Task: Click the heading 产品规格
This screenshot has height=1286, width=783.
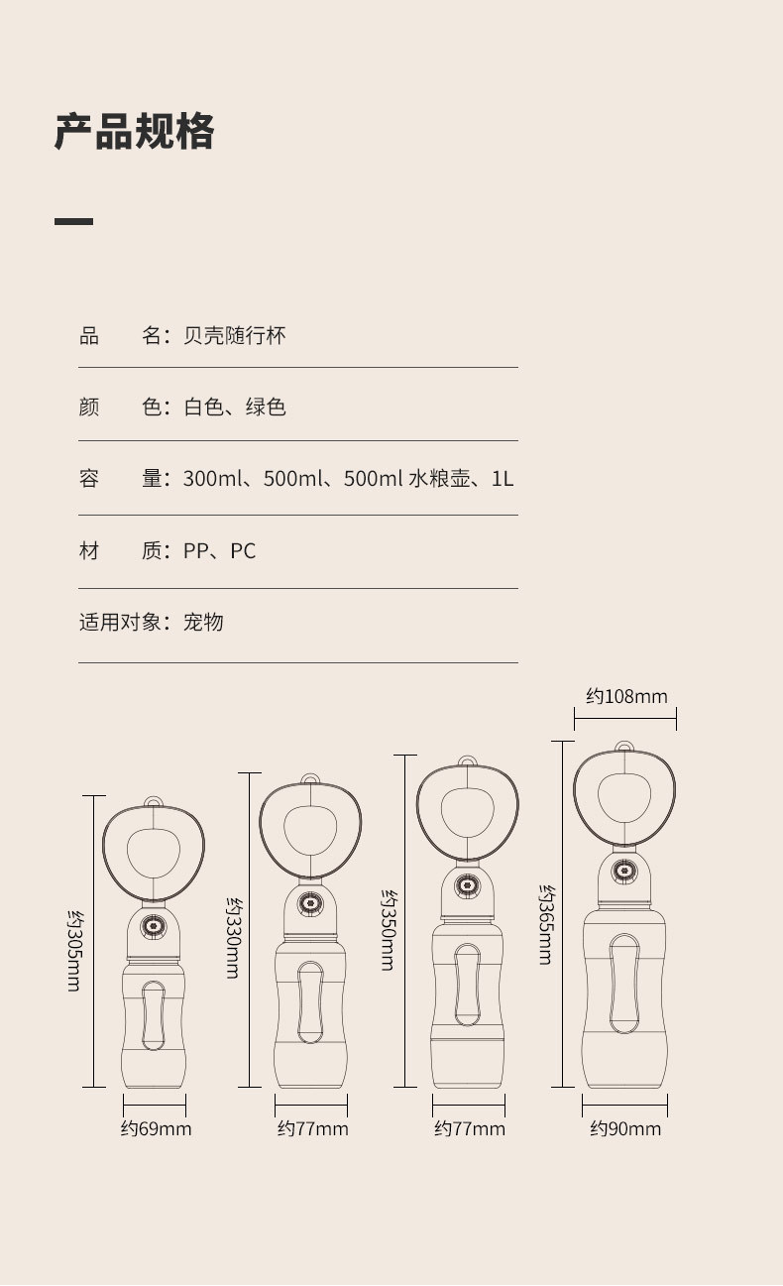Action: tap(134, 132)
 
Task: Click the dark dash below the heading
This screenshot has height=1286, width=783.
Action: tap(73, 221)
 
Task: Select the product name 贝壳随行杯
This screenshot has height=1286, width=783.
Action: tap(235, 336)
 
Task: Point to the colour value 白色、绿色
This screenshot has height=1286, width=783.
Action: tap(235, 408)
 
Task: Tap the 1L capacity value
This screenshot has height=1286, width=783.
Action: tap(503, 479)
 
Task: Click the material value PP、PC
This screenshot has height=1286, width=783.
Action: tap(219, 551)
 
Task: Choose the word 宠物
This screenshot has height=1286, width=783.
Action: tap(203, 623)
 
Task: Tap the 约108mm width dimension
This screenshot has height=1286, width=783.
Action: tap(626, 696)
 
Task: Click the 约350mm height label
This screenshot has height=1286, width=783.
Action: tap(388, 929)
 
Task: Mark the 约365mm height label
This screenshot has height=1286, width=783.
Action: tap(545, 924)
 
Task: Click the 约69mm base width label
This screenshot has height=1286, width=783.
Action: tap(156, 1129)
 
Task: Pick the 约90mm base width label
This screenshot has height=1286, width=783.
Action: tap(625, 1129)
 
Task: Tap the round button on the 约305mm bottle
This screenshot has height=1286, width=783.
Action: tap(154, 926)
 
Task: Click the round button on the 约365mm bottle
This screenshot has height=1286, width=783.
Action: tap(624, 872)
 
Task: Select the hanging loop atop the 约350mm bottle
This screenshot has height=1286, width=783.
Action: tap(467, 761)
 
